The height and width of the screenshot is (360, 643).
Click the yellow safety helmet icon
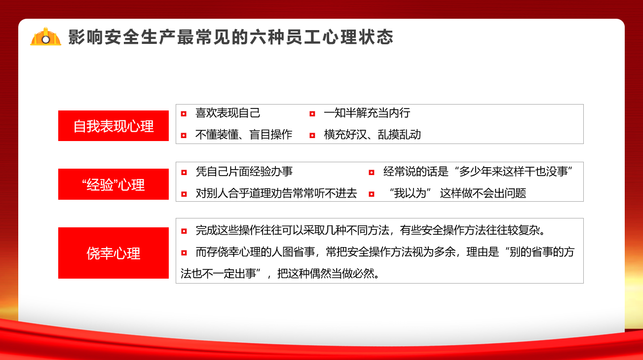(x=45, y=36)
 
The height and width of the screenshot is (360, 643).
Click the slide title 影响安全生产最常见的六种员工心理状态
(x=230, y=37)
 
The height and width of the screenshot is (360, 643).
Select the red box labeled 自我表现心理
(x=113, y=126)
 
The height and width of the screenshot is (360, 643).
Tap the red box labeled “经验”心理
(x=113, y=184)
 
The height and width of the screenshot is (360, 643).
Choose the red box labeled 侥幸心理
(x=113, y=253)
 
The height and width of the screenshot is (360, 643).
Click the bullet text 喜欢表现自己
(x=227, y=113)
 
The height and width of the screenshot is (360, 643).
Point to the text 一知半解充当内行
(x=367, y=113)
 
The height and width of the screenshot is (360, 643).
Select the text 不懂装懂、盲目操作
(x=244, y=135)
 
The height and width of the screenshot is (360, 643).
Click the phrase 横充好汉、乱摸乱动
(x=372, y=135)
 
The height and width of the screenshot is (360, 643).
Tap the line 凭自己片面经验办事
(x=244, y=172)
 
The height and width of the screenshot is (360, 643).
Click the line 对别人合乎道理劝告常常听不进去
(x=276, y=193)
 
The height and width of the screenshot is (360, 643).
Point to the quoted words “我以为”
(x=410, y=193)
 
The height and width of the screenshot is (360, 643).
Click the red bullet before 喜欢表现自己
(x=184, y=114)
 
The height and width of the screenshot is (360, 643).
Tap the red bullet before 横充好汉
(x=312, y=136)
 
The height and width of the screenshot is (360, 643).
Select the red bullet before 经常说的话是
(x=372, y=173)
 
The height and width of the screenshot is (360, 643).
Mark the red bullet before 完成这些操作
(x=184, y=231)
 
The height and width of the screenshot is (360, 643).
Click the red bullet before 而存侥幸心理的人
(x=184, y=252)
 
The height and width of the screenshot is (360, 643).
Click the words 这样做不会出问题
(x=483, y=193)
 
